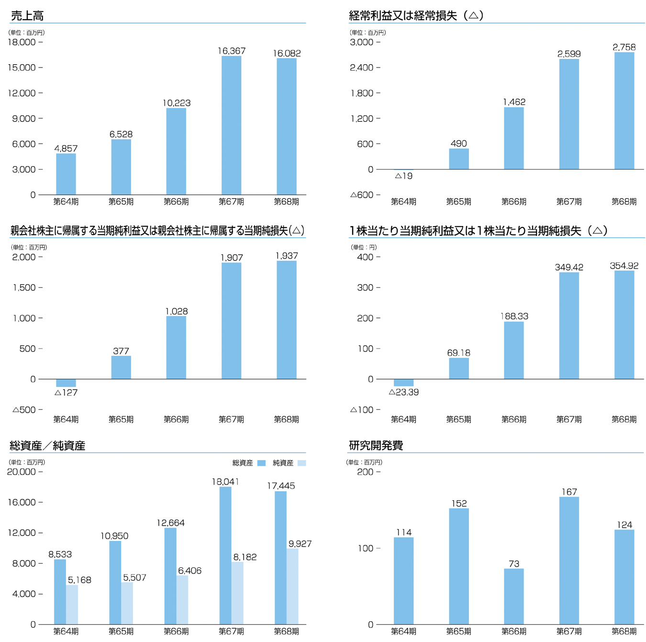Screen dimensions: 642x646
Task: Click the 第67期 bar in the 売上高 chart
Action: pyautogui.click(x=231, y=125)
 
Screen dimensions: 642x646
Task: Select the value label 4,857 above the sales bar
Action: pyautogui.click(x=66, y=148)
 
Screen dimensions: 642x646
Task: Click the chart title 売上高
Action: pyautogui.click(x=27, y=16)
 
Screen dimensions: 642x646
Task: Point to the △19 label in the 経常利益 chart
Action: pyautogui.click(x=403, y=176)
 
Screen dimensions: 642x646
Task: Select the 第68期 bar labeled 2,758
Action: pyautogui.click(x=624, y=111)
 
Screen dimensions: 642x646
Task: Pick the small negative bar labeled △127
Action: pyautogui.click(x=66, y=383)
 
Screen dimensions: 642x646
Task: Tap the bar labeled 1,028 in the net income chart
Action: pyautogui.click(x=176, y=348)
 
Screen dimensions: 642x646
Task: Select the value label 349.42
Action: pyautogui.click(x=569, y=267)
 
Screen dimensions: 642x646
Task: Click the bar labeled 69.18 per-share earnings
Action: pyautogui.click(x=458, y=368)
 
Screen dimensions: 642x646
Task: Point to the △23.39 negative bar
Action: pyautogui.click(x=403, y=383)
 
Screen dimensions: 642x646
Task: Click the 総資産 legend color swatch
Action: pyautogui.click(x=261, y=463)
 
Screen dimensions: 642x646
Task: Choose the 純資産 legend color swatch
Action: pyautogui.click(x=301, y=463)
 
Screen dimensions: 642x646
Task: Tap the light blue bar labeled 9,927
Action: pyautogui.click(x=292, y=586)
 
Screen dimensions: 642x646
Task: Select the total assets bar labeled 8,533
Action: pyautogui.click(x=60, y=592)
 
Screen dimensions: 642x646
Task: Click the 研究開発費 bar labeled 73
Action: pyautogui.click(x=514, y=597)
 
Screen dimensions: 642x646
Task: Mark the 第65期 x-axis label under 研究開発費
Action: pyautogui.click(x=458, y=631)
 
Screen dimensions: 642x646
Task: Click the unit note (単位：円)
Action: pyautogui.click(x=364, y=248)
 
